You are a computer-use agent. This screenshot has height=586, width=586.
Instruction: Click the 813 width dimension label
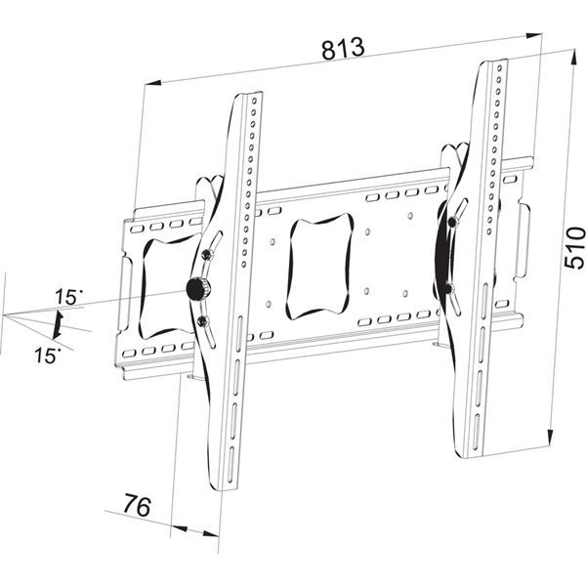343,48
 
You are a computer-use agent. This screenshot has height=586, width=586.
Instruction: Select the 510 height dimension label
574,248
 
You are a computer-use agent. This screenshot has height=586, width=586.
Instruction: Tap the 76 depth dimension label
138,505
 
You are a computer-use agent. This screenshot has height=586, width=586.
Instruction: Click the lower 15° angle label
48,356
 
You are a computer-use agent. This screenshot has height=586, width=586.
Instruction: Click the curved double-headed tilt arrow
58,325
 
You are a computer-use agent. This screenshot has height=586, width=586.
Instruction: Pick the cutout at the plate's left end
167,287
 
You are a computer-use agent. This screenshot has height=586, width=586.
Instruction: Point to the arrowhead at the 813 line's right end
533,35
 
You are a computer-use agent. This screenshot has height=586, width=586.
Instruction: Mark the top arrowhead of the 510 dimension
573,58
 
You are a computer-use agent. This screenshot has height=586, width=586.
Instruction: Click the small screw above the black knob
206,255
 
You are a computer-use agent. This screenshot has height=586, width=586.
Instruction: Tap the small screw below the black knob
203,320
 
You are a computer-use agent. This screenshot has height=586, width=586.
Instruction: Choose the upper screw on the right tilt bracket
453,222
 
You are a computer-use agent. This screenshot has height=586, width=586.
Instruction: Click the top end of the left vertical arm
248,95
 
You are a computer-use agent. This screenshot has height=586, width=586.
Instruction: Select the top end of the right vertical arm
493,62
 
